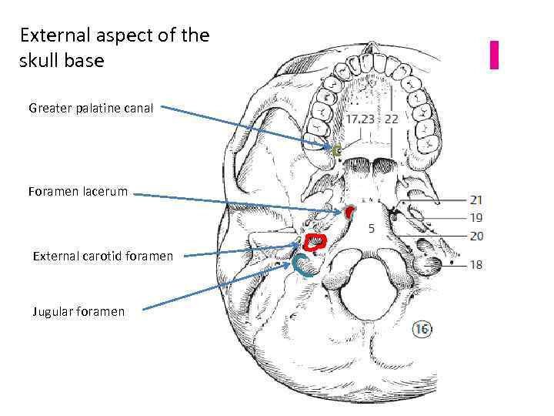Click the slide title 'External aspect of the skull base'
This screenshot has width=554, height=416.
114,48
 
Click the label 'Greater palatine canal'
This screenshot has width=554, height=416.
91,108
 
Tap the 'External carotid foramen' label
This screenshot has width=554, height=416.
102,256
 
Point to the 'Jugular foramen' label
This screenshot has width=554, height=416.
78,311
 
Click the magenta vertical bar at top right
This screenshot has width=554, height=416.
494,54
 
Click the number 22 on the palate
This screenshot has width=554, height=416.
392,119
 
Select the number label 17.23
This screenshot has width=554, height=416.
360,119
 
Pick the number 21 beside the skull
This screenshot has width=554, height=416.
476,200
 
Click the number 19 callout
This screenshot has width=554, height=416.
476,218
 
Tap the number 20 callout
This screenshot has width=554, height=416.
476,236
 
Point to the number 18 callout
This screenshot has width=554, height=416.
476,264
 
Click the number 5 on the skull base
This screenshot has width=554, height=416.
372,228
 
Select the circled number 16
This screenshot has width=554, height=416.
421,330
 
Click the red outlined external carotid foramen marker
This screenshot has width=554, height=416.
315,243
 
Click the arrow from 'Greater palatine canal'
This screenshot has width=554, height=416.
246,127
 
